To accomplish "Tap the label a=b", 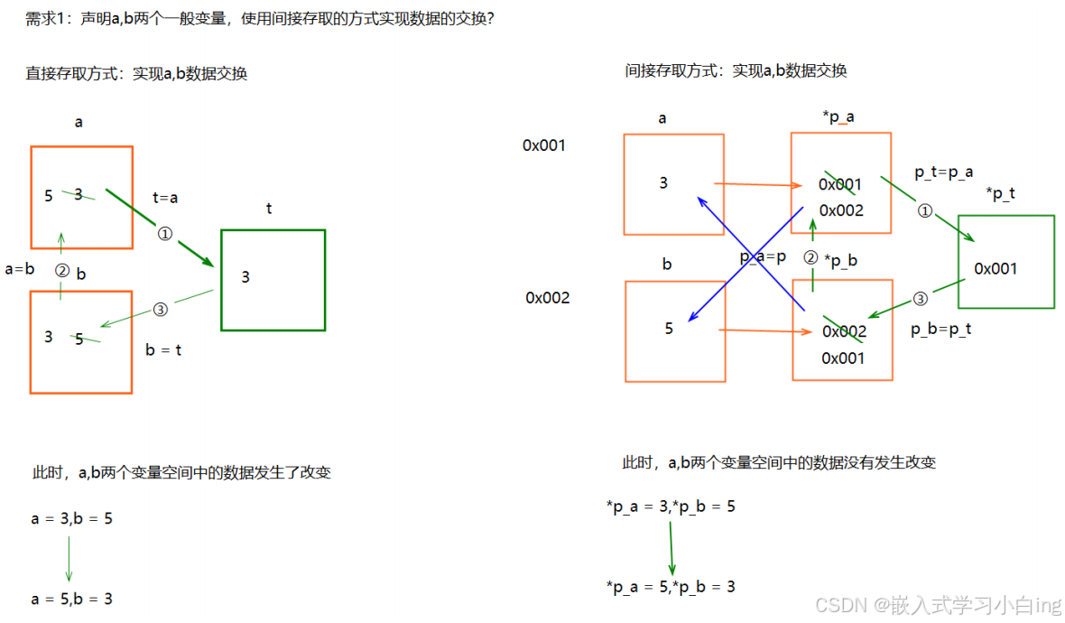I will pyautogui.click(x=20, y=268).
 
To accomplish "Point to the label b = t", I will pyautogui.click(x=163, y=350).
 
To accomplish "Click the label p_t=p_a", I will pyautogui.click(x=943, y=172).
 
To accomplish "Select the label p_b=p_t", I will pyautogui.click(x=940, y=330).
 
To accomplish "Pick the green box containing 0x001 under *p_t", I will pyautogui.click(x=1005, y=262).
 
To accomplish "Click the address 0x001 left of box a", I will pyautogui.click(x=544, y=144).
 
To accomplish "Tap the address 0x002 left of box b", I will pyautogui.click(x=548, y=298).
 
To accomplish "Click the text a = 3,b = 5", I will pyautogui.click(x=72, y=519).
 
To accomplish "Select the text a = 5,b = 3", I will pyautogui.click(x=72, y=599).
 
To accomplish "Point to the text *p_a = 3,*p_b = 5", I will pyautogui.click(x=671, y=507).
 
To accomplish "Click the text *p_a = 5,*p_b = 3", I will pyautogui.click(x=671, y=587).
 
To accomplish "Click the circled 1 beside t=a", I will pyautogui.click(x=164, y=234).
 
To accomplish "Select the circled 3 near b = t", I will pyautogui.click(x=161, y=310).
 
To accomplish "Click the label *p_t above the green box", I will pyautogui.click(x=1001, y=193).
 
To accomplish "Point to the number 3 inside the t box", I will pyautogui.click(x=245, y=277).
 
